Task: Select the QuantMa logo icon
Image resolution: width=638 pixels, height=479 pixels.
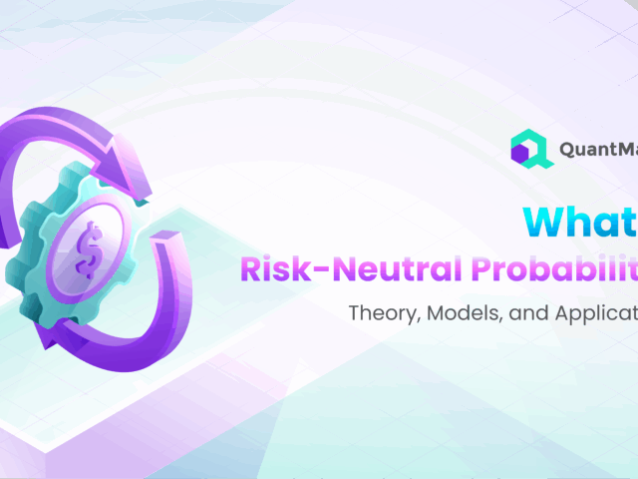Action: [x=529, y=150]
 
